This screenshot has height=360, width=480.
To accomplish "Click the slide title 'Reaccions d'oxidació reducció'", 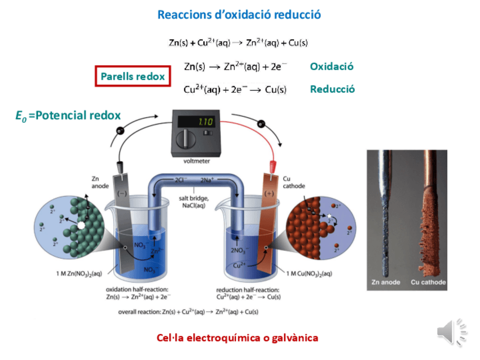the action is click(x=239, y=15).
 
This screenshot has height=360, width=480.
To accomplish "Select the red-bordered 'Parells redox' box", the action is click(x=132, y=76).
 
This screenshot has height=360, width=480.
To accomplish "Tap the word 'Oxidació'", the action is click(x=332, y=66).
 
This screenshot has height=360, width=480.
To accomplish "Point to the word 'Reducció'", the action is click(x=332, y=89).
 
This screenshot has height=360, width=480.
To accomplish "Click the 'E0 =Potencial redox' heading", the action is click(x=68, y=115).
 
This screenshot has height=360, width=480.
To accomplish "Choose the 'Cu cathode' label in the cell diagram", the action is click(x=294, y=182).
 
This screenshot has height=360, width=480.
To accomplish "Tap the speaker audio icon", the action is click(x=450, y=331).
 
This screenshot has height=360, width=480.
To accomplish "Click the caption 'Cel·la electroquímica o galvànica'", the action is click(x=237, y=338).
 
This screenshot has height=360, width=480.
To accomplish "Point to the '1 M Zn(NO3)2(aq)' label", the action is click(x=79, y=274).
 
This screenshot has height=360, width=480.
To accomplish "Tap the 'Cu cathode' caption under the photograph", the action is click(x=428, y=282).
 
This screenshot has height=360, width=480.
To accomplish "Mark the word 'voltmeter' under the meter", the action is click(x=196, y=161).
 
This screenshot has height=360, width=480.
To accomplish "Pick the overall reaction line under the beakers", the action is click(x=188, y=311).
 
